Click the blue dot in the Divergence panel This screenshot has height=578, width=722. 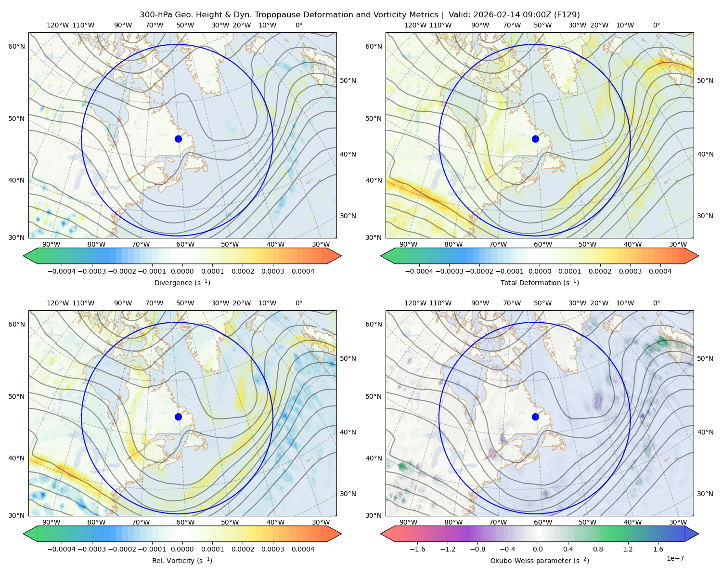click(x=178, y=139)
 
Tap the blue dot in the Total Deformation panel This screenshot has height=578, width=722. click(x=535, y=139)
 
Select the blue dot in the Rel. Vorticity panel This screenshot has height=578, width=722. click(x=178, y=417)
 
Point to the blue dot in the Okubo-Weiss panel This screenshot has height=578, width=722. click(x=535, y=417)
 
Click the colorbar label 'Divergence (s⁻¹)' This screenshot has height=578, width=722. click(x=182, y=282)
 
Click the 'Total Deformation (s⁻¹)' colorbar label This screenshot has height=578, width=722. click(x=540, y=282)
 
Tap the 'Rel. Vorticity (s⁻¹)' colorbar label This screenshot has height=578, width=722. click(x=182, y=560)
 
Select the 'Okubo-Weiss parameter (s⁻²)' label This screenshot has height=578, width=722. click(x=540, y=560)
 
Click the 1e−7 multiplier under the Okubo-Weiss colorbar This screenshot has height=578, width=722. click(x=675, y=558)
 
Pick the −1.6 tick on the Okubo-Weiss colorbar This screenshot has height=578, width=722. click(x=417, y=549)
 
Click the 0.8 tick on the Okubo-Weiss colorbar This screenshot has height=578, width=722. click(x=598, y=549)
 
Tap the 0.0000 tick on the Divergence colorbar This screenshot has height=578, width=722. click(x=182, y=271)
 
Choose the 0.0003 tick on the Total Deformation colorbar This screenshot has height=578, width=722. click(x=630, y=271)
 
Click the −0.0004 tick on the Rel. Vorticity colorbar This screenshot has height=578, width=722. click(x=62, y=549)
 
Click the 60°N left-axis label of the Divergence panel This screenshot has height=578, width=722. click(x=16, y=46)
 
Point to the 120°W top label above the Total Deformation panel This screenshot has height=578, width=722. click(x=415, y=25)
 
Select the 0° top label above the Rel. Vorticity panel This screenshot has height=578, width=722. click(x=299, y=303)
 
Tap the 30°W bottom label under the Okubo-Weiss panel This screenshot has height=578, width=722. click(x=678, y=522)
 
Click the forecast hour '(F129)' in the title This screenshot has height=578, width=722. click(x=567, y=15)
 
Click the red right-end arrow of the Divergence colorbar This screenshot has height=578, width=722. click(x=334, y=256)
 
